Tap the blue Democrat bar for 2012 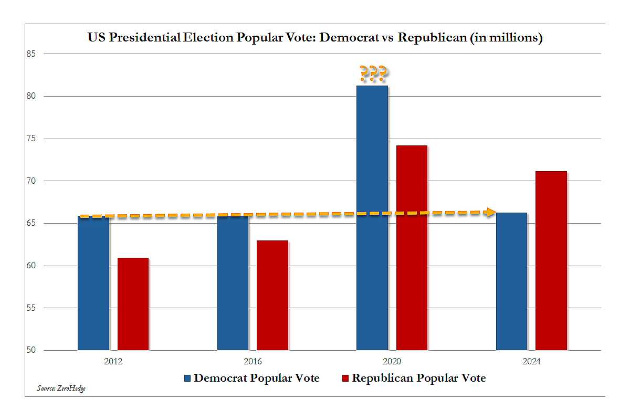point(93,283)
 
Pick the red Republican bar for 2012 point(133,304)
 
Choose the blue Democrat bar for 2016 point(233,283)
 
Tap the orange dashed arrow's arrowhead point(490,212)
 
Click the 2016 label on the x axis point(253,362)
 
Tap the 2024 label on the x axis point(531,362)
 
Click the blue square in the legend point(187,379)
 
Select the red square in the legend point(345,379)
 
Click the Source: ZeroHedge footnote point(61,388)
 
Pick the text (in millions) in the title point(506,38)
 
